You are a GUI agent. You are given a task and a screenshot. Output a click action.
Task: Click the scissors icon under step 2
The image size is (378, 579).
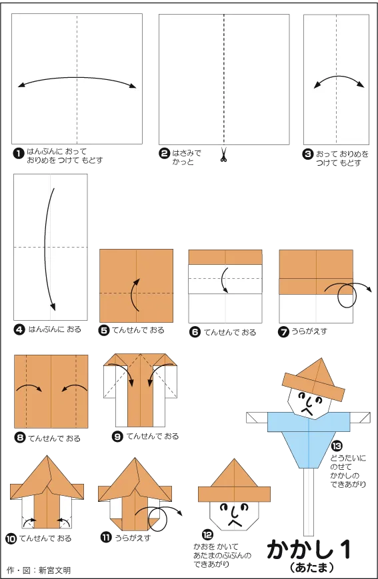(223, 154)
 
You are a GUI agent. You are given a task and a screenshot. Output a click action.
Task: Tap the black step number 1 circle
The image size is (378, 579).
(18, 153)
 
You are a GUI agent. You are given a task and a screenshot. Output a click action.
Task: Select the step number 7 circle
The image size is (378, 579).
(283, 332)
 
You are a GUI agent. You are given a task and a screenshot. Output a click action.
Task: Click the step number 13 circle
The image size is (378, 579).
(337, 446)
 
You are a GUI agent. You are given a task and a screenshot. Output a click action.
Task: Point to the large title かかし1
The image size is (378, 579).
(309, 550)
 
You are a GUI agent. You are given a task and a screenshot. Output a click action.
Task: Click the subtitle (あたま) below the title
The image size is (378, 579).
(312, 567)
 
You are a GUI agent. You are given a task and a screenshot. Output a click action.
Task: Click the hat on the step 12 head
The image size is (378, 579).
(234, 481)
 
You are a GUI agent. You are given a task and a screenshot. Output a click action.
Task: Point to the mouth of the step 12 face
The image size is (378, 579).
(234, 522)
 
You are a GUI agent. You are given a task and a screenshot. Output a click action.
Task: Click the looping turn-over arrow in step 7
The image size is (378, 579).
(349, 294)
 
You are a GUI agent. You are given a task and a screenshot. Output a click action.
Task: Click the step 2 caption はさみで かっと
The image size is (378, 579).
(187, 157)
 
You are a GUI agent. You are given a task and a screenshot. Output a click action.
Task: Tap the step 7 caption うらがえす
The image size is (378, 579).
(309, 331)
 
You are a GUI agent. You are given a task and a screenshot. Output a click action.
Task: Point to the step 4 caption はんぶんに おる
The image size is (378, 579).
(55, 329)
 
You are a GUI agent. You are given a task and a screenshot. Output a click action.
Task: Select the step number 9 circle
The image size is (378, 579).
(117, 437)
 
